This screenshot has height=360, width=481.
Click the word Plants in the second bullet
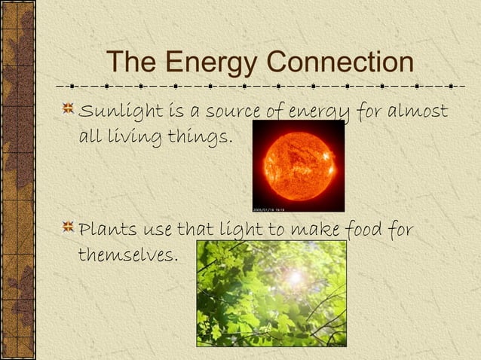[103, 228]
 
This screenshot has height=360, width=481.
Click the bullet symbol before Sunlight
[69, 111]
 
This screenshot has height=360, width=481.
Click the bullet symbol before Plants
[69, 226]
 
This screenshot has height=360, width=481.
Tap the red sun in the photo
[299, 165]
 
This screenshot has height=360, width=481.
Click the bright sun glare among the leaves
[295, 277]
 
